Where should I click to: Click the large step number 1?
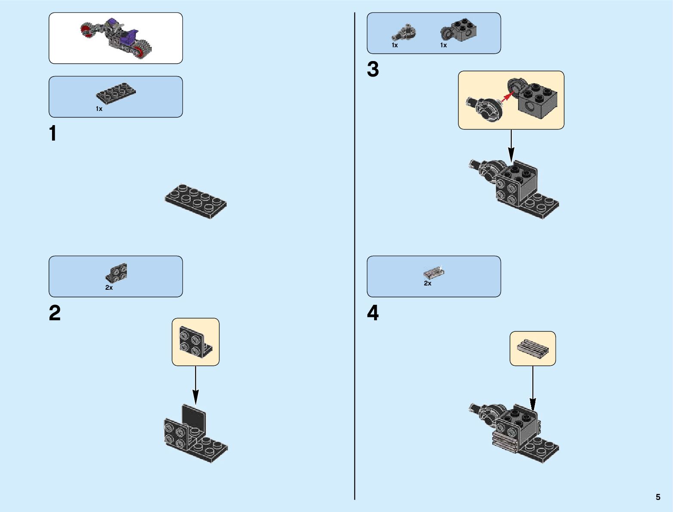point(53,133)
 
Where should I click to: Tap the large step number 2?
point(55,313)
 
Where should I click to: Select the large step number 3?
point(372,70)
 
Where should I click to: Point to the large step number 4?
point(373,313)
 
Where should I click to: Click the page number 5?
point(658,497)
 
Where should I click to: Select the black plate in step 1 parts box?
point(116,92)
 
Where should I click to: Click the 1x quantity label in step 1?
point(99,109)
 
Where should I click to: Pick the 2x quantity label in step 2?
point(109,288)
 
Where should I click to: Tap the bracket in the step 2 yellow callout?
point(195,342)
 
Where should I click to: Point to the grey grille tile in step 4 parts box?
point(434,272)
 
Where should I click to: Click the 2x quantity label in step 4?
point(427,283)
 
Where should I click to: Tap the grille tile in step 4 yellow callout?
point(533,348)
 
